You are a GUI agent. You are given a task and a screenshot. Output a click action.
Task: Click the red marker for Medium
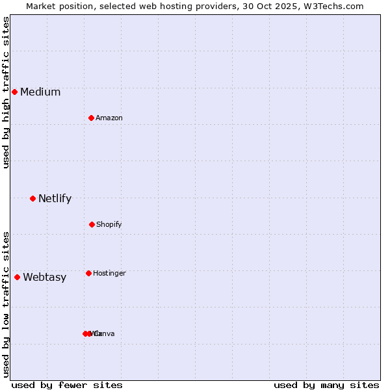pyautogui.click(x=14, y=92)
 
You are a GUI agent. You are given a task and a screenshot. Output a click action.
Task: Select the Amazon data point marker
pyautogui.click(x=92, y=118)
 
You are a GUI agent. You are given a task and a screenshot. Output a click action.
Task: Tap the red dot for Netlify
pyautogui.click(x=32, y=198)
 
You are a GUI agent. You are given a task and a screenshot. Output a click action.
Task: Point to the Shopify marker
pyautogui.click(x=92, y=224)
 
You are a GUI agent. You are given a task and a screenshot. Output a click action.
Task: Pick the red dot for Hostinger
pyautogui.click(x=88, y=273)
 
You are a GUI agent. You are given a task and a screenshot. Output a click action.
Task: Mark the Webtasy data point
pyautogui.click(x=18, y=277)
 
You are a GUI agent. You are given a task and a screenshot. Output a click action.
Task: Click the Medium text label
pyautogui.click(x=40, y=92)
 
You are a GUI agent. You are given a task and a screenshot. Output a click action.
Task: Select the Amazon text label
pyautogui.click(x=109, y=118)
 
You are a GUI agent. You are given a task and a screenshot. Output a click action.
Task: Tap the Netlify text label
pyautogui.click(x=55, y=199)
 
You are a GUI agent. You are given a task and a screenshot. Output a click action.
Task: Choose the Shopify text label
pyautogui.click(x=109, y=225)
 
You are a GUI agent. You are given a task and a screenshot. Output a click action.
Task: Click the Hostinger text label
pyautogui.click(x=109, y=274)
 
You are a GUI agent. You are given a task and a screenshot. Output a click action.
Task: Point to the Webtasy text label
pyautogui.click(x=45, y=278)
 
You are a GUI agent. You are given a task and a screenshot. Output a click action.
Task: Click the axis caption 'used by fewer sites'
pyautogui.click(x=67, y=385)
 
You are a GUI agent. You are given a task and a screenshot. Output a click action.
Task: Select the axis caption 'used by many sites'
pyautogui.click(x=326, y=385)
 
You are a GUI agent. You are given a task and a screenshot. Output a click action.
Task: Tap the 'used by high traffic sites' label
pyautogui.click(x=6, y=92)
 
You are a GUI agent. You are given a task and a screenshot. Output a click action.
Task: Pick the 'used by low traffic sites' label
pyautogui.click(x=6, y=304)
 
